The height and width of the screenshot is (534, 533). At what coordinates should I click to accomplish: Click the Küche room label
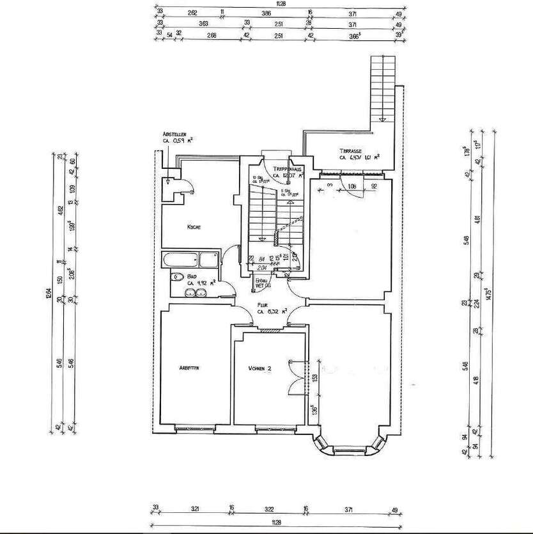195,226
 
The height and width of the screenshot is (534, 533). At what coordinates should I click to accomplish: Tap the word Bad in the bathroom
190,277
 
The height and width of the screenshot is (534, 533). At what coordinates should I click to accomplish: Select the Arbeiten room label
191,368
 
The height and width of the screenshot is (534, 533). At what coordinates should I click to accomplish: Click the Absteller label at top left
173,134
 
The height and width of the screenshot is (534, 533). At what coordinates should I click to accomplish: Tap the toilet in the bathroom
175,278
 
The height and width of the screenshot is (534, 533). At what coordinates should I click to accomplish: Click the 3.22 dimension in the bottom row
268,509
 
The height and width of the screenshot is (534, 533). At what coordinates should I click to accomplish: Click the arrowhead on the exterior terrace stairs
380,118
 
